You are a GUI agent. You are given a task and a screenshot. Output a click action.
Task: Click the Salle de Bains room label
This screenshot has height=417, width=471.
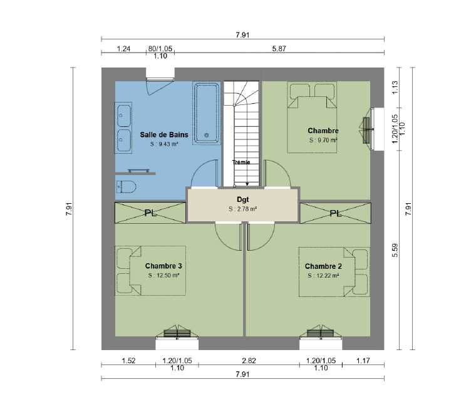click(x=164, y=134)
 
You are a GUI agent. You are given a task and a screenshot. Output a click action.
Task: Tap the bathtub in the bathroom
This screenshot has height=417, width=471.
click(x=206, y=113)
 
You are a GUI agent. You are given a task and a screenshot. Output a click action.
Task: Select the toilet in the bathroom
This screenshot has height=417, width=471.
click(x=126, y=187)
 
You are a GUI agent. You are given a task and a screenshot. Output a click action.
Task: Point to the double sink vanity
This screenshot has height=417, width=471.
click(x=123, y=128)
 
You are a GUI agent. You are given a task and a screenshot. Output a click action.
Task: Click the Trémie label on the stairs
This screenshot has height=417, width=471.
click(x=241, y=162)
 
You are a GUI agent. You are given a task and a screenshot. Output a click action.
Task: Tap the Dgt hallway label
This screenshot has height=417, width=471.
click(x=243, y=199)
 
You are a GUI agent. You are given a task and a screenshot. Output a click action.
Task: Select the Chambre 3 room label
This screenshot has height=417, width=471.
click(x=163, y=266)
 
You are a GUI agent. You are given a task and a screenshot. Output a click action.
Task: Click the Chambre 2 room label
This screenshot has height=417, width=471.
click(x=323, y=266)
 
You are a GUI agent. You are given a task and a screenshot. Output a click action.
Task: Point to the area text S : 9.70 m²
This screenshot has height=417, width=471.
click(x=323, y=140)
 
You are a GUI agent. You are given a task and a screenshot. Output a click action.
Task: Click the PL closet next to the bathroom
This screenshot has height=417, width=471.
click(x=150, y=213)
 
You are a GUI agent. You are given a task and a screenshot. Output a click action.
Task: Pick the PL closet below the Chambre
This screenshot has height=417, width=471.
click(x=336, y=213)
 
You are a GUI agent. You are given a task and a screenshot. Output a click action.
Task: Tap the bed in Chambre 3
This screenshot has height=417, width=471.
click(x=150, y=271)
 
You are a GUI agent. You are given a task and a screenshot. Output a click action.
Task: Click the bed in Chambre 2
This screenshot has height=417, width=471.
click(x=334, y=272)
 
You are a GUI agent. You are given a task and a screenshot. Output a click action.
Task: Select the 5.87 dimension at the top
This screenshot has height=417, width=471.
click(x=279, y=49)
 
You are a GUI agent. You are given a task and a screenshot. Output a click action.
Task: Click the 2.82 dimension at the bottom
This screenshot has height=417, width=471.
click(x=249, y=360)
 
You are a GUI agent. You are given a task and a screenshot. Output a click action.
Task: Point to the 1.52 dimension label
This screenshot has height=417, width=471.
click(x=128, y=360)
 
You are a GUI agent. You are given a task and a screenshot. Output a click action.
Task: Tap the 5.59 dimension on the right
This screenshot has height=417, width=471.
click(x=395, y=250)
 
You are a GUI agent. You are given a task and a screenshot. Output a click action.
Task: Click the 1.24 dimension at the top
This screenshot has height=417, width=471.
click(x=123, y=49)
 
